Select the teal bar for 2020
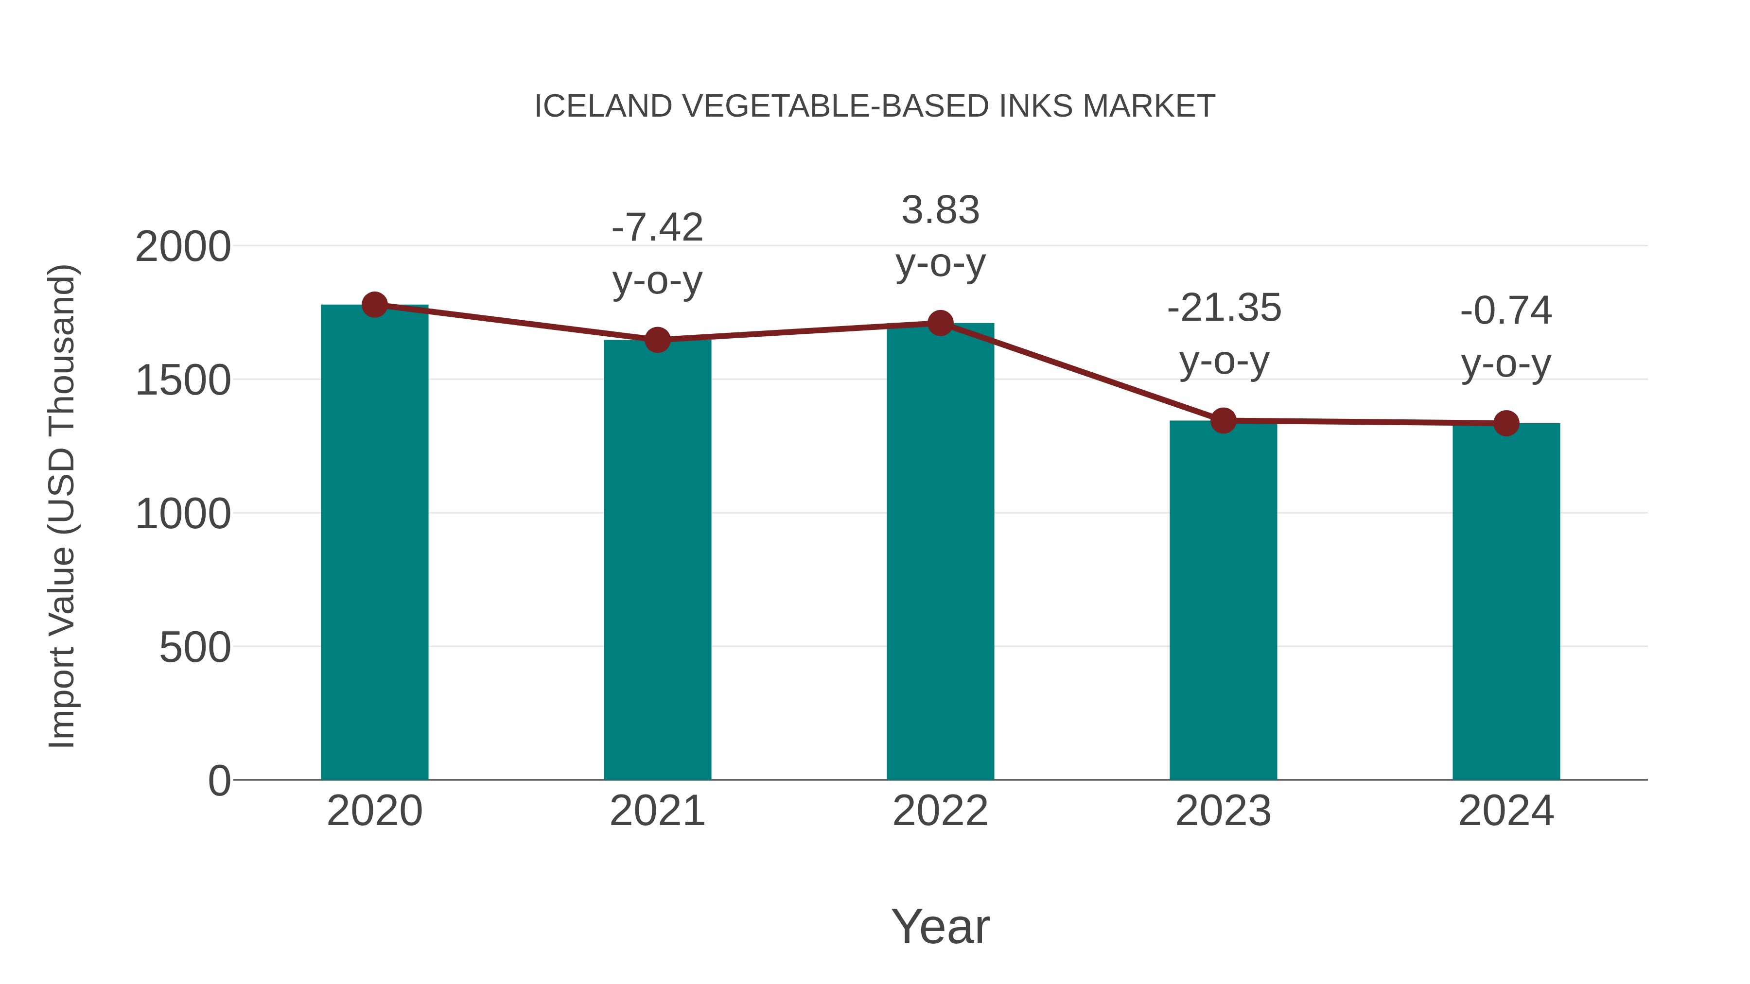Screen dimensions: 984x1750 point(374,543)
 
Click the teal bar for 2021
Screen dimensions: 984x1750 point(657,560)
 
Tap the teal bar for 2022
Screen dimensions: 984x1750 point(940,552)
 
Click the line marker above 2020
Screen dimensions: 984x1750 point(374,305)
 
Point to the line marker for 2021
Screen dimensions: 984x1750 point(657,340)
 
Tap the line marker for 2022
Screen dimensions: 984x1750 point(940,323)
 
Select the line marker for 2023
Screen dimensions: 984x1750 point(1223,421)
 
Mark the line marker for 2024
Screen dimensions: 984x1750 point(1506,424)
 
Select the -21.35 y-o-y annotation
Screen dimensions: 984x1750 point(1224,334)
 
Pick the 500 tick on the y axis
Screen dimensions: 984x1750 point(194,647)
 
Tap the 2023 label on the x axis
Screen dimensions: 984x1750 point(1223,811)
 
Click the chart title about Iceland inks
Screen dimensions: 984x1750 point(875,106)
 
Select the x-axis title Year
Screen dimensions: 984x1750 point(940,926)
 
